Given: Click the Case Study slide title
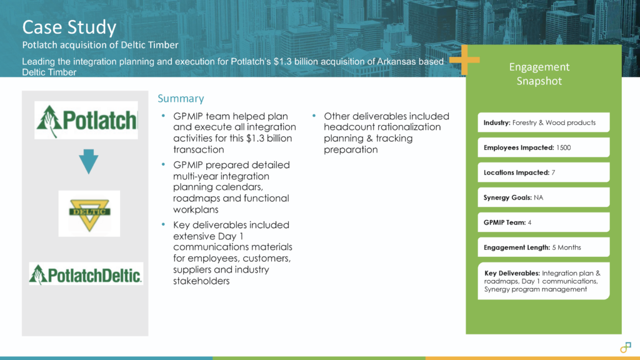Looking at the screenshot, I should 69,27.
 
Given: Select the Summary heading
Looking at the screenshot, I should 181,98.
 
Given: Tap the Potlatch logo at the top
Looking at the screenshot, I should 86,120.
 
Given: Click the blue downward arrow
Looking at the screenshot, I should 89,161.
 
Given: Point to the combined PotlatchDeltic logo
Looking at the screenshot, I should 86,274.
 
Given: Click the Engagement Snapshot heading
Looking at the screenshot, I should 539,74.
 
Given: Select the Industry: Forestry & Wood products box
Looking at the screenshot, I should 543,122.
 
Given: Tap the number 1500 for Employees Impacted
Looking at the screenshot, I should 563,147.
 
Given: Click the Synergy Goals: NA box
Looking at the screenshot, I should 543,197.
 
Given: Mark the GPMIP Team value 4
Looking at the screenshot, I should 529,222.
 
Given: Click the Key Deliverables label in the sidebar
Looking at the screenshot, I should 511,273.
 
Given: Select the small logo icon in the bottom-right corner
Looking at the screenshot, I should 626,347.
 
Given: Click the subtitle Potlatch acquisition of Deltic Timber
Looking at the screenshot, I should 101,45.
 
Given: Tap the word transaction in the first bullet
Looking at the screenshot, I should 198,149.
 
